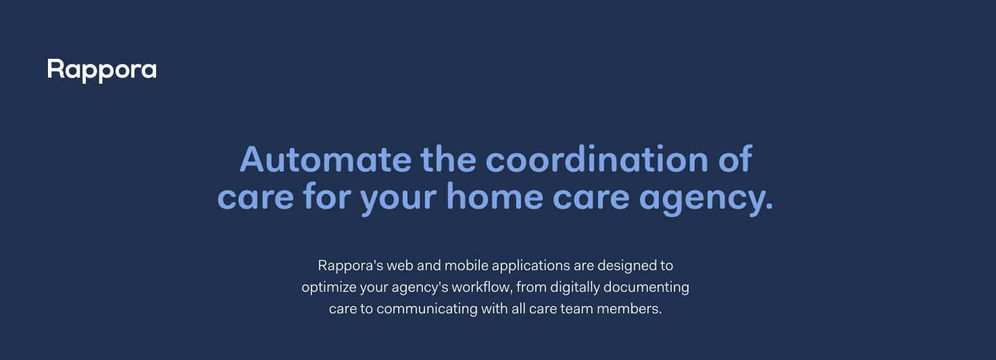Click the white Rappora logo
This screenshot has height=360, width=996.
(102, 70)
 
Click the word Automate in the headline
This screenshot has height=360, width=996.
(326, 159)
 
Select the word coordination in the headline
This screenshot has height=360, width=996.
(597, 159)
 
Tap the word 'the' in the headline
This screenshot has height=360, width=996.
(448, 159)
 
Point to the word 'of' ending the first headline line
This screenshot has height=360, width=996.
(735, 159)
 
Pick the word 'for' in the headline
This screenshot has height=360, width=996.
(327, 196)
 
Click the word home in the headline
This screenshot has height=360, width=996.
(495, 196)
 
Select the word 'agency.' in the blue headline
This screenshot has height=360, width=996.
(706, 198)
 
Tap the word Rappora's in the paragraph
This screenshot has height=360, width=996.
(351, 265)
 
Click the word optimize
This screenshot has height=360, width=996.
(329, 288)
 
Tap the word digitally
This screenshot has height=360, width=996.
(575, 288)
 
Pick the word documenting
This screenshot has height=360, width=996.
(646, 288)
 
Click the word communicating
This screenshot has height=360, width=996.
(427, 309)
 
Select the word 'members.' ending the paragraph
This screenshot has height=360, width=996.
(629, 309)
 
